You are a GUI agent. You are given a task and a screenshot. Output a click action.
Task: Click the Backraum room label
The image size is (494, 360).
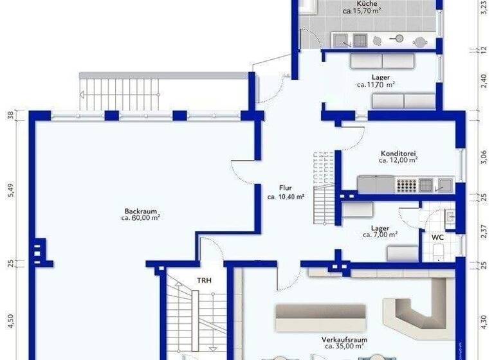click(140, 210)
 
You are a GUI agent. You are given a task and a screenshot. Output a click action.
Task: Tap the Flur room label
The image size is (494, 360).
click(286, 188)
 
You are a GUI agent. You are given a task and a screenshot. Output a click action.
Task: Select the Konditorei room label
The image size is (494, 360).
click(398, 154)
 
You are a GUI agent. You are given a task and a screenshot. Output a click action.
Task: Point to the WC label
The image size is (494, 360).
click(437, 237)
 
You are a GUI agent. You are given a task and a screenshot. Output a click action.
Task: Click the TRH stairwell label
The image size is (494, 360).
click(204, 281)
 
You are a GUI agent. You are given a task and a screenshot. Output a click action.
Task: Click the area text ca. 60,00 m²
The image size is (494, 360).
click(140, 217)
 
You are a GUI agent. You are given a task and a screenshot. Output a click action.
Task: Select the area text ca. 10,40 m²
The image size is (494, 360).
click(286, 197)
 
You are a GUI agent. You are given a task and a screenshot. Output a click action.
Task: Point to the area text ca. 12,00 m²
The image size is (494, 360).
click(398, 161)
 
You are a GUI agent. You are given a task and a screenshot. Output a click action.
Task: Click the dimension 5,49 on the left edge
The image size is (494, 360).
click(10, 191)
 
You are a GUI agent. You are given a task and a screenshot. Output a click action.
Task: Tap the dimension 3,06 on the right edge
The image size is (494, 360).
click(484, 157)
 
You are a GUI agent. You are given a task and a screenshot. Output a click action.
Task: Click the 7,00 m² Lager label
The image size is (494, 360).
click(380, 231)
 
